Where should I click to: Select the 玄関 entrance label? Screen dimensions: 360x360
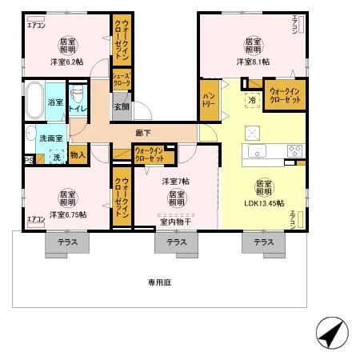point(120,106)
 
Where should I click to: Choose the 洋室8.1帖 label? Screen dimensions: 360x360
point(254,61)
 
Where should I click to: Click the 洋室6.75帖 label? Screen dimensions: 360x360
point(67,214)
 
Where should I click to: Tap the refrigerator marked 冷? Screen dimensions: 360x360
point(252,102)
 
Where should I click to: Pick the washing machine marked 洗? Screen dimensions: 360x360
point(56,158)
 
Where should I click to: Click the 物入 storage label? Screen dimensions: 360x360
point(78,155)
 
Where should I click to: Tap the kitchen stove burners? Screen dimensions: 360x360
point(294,150)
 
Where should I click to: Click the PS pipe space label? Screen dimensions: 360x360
point(29,160)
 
